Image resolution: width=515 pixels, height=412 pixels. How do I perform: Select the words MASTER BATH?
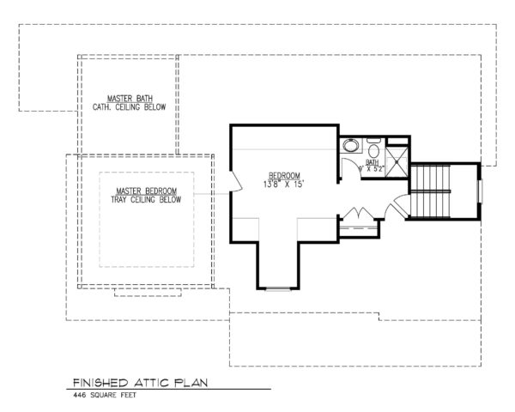(125, 99)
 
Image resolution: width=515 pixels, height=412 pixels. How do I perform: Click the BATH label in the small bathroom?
(372, 161)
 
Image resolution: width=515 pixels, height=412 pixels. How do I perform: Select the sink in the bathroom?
(350, 147)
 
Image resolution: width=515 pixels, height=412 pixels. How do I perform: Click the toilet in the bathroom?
(373, 145)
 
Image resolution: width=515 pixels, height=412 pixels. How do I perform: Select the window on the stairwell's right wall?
(481, 190)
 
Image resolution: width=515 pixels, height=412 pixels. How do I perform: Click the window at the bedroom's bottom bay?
(278, 289)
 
